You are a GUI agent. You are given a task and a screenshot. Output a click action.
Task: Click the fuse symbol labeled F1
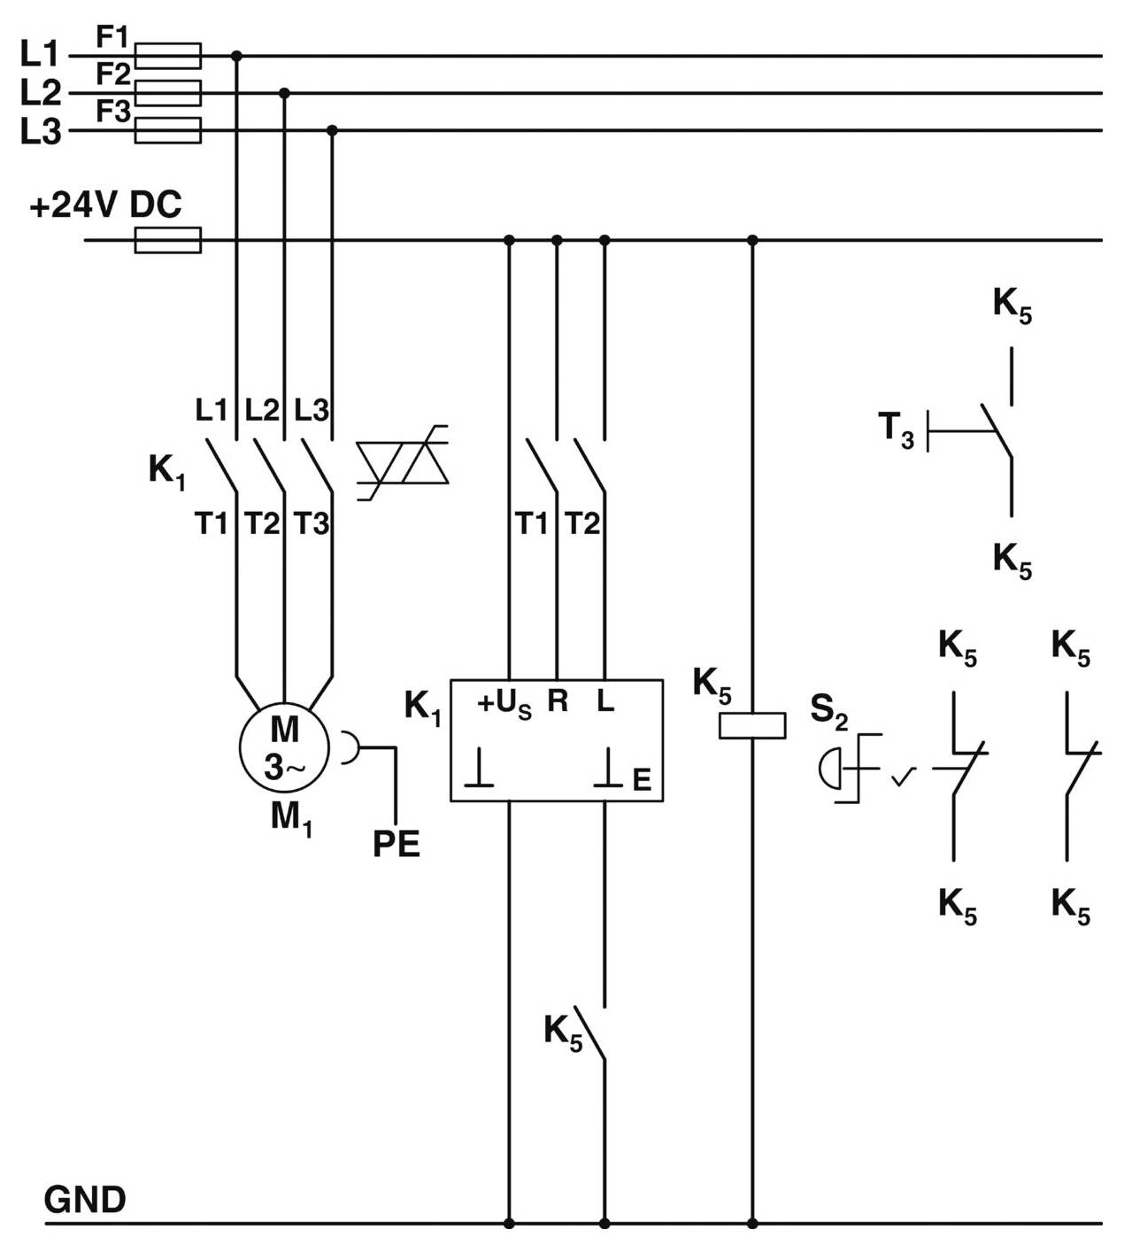point(167,56)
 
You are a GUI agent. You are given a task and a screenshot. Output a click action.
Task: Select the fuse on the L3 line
point(167,130)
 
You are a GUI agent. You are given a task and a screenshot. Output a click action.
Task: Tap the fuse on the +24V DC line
point(167,240)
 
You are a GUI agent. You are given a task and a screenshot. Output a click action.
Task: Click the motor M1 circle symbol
point(284,748)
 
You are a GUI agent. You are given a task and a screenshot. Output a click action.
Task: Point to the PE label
point(396,844)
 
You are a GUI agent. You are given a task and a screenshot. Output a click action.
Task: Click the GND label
point(85,1200)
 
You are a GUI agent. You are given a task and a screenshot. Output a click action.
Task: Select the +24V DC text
point(105,205)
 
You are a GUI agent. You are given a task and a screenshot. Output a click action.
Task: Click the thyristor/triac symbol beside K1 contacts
point(403,463)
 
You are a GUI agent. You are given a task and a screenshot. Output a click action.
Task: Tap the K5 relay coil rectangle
point(752,725)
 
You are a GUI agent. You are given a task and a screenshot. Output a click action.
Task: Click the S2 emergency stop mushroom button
point(832,767)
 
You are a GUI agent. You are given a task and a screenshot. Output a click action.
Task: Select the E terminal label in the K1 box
point(642,779)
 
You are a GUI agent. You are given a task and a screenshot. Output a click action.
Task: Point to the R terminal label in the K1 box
point(558,701)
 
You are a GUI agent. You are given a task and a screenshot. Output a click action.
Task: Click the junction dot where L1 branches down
point(236,56)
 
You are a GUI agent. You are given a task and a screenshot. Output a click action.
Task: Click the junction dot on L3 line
point(332,130)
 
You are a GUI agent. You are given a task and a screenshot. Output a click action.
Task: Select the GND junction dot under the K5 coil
point(752,1224)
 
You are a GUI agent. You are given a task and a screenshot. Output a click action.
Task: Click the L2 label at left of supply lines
point(41,93)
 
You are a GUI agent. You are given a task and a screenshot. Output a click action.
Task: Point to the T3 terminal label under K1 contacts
point(312,524)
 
